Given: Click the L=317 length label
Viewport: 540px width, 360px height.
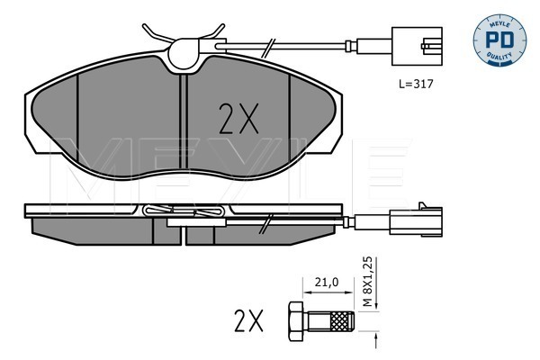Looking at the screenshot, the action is [x=416, y=84].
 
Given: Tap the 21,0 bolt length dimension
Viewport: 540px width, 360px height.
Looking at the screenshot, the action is [x=327, y=282].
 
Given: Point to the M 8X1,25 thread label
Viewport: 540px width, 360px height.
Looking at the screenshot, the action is [x=368, y=282].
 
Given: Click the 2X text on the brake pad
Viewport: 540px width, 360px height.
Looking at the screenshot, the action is [x=238, y=119].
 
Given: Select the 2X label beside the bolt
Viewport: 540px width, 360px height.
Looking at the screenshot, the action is [x=248, y=320].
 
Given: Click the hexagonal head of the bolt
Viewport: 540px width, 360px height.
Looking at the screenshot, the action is [x=296, y=321].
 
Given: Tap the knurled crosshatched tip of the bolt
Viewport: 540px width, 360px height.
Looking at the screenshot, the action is [x=342, y=321].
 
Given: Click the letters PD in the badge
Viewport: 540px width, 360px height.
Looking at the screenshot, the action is [x=499, y=40].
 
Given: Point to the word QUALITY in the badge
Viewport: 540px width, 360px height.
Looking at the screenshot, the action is [x=499, y=56].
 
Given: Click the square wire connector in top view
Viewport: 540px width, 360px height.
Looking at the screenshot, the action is [x=417, y=46].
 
